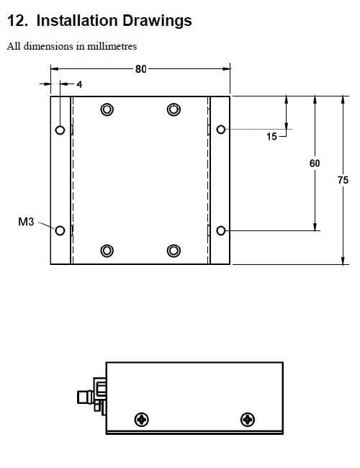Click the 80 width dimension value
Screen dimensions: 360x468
(141, 69)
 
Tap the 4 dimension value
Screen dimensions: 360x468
(79, 84)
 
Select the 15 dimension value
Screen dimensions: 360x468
(271, 136)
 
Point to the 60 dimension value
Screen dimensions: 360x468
(315, 163)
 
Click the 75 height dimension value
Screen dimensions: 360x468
(343, 180)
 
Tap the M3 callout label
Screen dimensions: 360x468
(26, 222)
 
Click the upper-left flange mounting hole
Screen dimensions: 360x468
(60, 130)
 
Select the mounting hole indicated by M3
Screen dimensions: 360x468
(60, 230)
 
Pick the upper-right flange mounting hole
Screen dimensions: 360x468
(221, 130)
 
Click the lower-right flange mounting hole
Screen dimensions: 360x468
(221, 230)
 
